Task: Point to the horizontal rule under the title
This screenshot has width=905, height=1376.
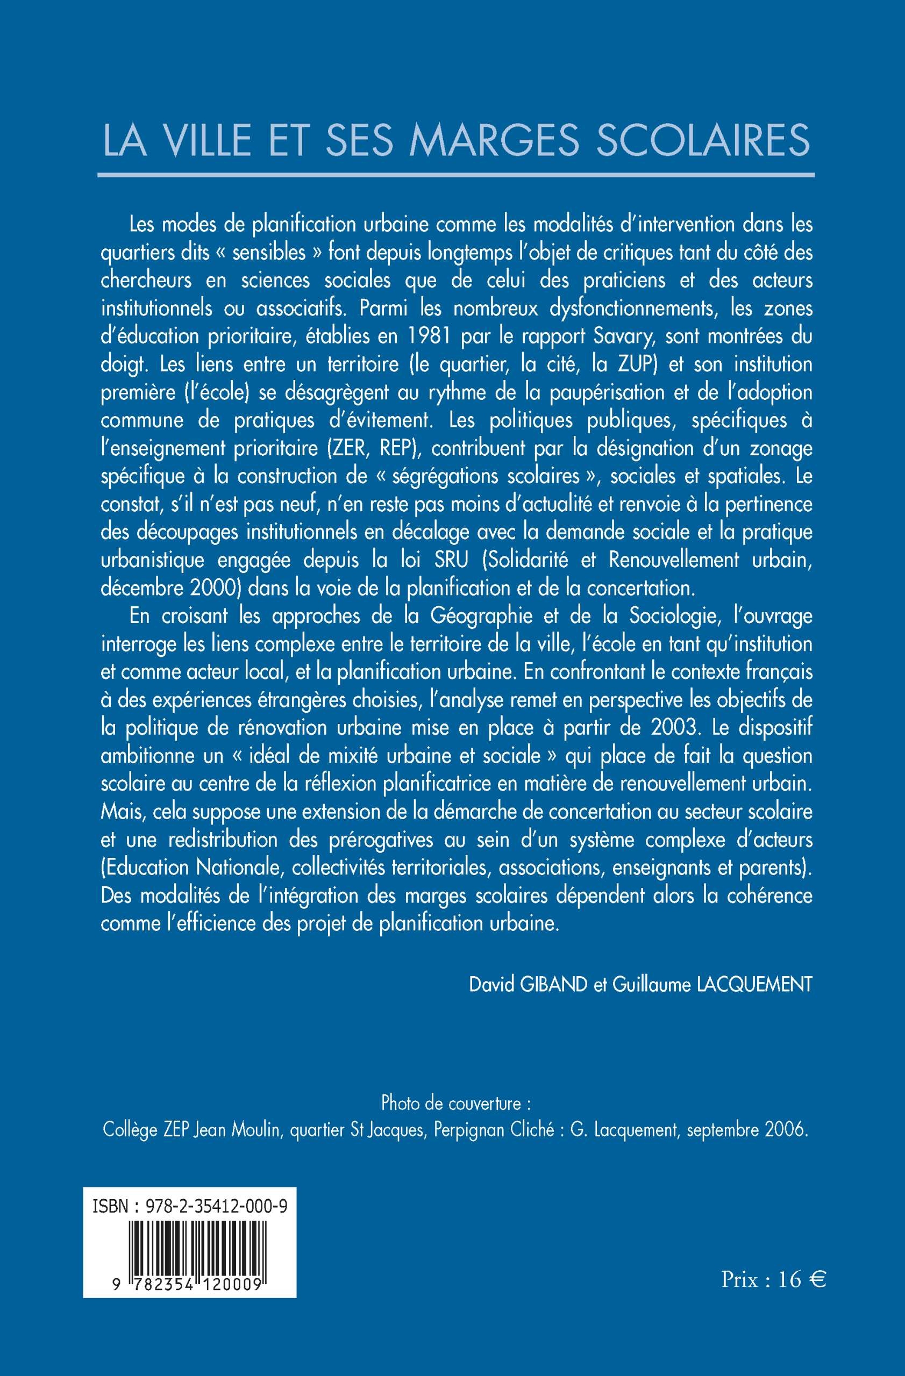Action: pyautogui.click(x=455, y=175)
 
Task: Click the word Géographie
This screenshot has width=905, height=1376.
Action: pyautogui.click(x=481, y=616)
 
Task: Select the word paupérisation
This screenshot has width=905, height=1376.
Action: pyautogui.click(x=607, y=392)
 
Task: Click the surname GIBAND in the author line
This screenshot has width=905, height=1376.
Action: pyautogui.click(x=553, y=984)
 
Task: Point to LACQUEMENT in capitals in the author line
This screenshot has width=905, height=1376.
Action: pyautogui.click(x=754, y=984)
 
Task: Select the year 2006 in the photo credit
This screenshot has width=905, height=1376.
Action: pyautogui.click(x=785, y=1129)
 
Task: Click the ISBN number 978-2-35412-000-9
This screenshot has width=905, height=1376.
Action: pyautogui.click(x=216, y=1207)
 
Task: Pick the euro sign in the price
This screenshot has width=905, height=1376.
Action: pyautogui.click(x=817, y=1279)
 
